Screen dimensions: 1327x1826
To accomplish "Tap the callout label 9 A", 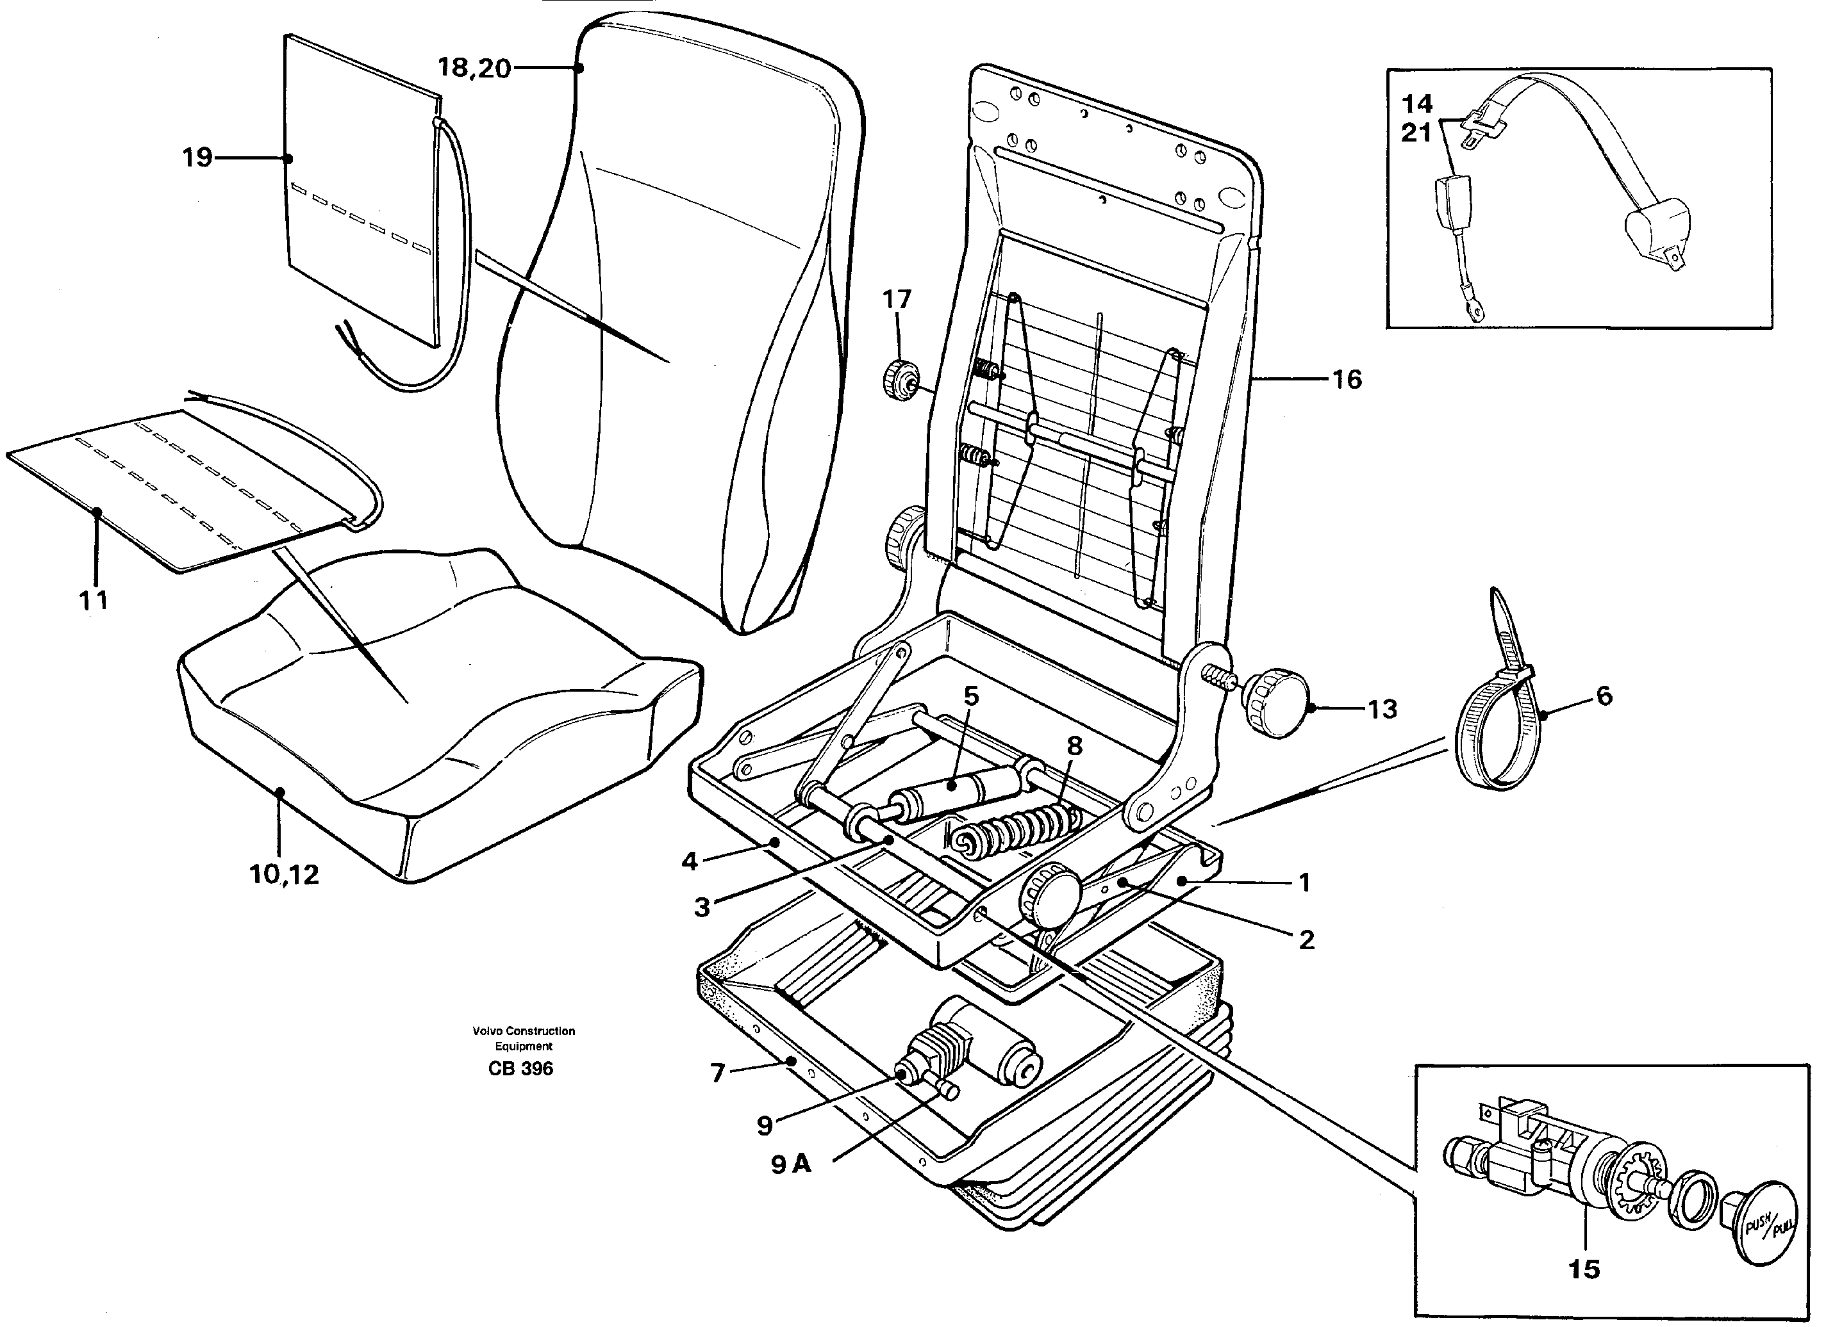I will point(791,1164).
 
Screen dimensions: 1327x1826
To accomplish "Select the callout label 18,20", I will point(474,69).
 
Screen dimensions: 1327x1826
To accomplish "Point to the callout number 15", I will point(1584,1270).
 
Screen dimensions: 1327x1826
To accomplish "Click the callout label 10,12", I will point(284,875).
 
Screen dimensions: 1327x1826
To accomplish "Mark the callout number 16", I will point(1347,379).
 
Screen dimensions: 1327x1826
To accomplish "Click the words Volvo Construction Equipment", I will point(524,1038).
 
